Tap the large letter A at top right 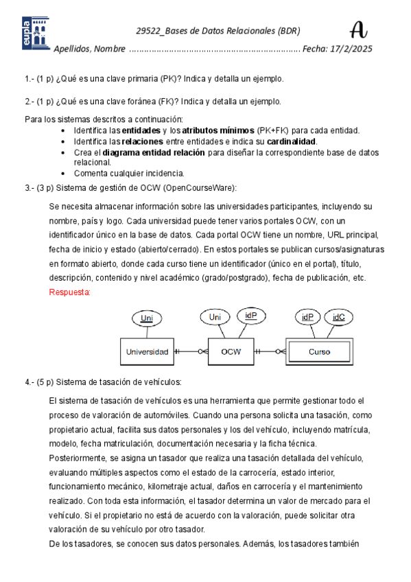(x=358, y=30)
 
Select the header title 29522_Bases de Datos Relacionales (x=218, y=31)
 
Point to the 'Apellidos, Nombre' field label (x=89, y=49)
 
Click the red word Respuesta (x=69, y=292)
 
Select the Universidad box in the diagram (x=146, y=351)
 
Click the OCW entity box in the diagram (x=230, y=351)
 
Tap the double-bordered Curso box (x=319, y=351)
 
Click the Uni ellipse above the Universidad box (x=146, y=318)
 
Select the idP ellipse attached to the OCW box (x=251, y=316)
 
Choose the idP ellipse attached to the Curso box (x=306, y=317)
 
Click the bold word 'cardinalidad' (x=292, y=141)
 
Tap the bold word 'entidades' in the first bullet (x=143, y=130)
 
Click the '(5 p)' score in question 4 (x=45, y=382)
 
